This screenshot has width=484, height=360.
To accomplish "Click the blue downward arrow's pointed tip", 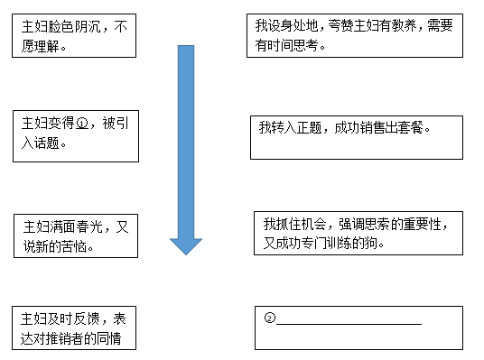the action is click(x=186, y=254).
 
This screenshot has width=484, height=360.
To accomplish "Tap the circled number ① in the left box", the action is click(x=82, y=124).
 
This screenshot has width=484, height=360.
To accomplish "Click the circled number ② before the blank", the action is click(x=269, y=318).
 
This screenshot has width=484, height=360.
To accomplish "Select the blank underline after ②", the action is click(x=349, y=324).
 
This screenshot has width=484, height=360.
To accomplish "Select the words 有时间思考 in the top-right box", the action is click(x=286, y=46).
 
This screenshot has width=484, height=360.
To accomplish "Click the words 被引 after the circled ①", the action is click(x=116, y=124).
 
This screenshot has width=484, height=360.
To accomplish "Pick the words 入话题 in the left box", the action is click(x=40, y=143).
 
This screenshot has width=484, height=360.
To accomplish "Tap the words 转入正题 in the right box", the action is click(x=297, y=127).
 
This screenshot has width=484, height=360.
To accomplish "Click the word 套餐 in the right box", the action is click(x=410, y=127).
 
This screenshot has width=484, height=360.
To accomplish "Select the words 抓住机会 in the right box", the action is click(x=301, y=224).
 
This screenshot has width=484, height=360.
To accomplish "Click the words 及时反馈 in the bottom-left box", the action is click(x=73, y=319).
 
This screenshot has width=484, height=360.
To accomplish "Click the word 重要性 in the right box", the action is click(x=423, y=224).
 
